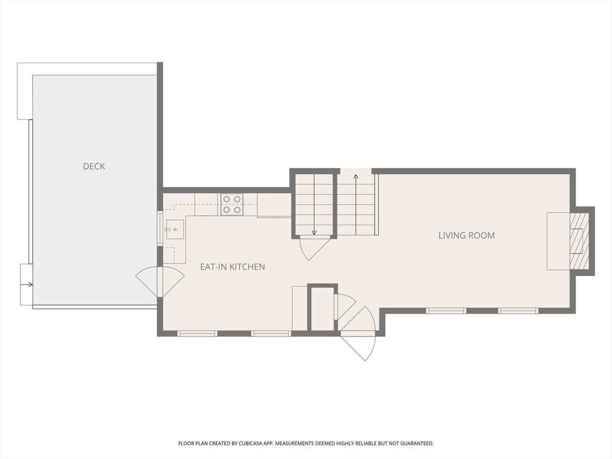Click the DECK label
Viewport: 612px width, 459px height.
(94, 166)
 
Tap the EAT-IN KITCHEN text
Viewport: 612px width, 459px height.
(232, 267)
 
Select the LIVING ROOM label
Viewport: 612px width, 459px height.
(466, 235)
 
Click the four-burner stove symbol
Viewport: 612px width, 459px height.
(232, 204)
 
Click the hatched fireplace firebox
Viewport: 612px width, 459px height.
(579, 241)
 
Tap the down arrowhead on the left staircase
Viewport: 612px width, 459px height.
(314, 232)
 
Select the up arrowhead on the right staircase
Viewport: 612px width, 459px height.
(356, 176)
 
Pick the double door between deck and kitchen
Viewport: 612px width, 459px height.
(160, 281)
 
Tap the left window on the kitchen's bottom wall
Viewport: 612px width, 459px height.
(197, 333)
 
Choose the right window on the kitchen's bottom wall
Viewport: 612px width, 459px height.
(271, 333)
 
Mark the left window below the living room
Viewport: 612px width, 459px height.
(445, 311)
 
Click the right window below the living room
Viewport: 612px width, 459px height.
(518, 311)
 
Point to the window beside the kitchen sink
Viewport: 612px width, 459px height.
(160, 228)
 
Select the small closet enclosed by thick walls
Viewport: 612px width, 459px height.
(323, 308)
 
